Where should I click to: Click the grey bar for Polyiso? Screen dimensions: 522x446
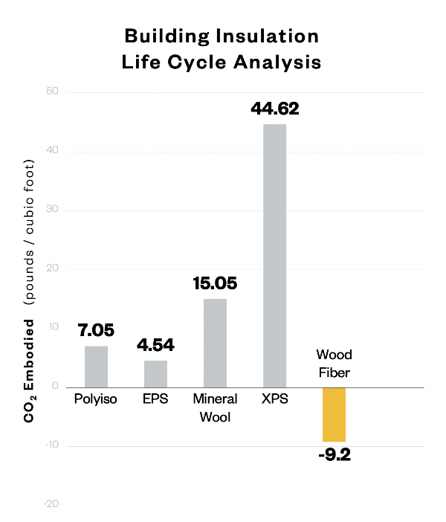[x=96, y=367]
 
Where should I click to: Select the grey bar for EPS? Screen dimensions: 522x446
[x=155, y=373]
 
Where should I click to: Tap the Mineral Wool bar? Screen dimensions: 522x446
[x=215, y=343]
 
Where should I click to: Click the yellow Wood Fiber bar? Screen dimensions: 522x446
[x=334, y=415]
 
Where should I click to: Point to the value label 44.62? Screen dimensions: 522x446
[x=275, y=109]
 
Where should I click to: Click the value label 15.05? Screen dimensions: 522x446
[x=215, y=284]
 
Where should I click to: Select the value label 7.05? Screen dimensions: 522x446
[x=96, y=330]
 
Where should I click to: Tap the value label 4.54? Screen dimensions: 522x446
[x=155, y=345]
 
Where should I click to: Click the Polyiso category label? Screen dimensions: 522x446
[x=96, y=399]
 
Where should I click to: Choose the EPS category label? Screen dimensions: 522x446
[x=155, y=399]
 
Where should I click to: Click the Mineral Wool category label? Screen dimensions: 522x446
[x=215, y=407]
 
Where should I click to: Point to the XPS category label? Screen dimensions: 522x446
[x=274, y=399]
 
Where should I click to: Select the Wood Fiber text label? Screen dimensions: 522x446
[x=333, y=362]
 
